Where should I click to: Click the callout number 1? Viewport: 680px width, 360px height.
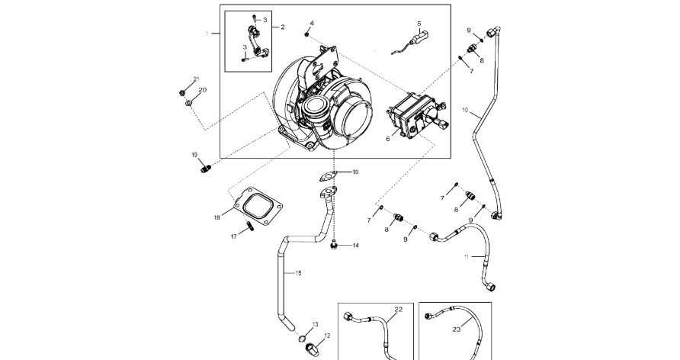[x=206, y=34]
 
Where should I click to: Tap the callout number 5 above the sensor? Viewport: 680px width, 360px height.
[x=419, y=24]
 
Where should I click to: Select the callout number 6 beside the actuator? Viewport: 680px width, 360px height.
[x=387, y=139]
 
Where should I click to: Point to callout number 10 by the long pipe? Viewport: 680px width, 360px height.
[x=464, y=110]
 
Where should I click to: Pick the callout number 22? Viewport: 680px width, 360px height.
[x=398, y=309]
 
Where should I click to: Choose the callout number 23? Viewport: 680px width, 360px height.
[x=457, y=329]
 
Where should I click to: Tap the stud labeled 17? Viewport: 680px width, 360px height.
[x=249, y=226]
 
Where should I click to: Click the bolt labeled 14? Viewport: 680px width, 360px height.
[x=334, y=245]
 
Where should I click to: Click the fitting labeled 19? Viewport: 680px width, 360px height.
[x=207, y=166]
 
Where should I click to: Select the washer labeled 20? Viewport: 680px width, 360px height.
[x=188, y=102]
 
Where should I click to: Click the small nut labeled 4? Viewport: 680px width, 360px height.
[x=306, y=34]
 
